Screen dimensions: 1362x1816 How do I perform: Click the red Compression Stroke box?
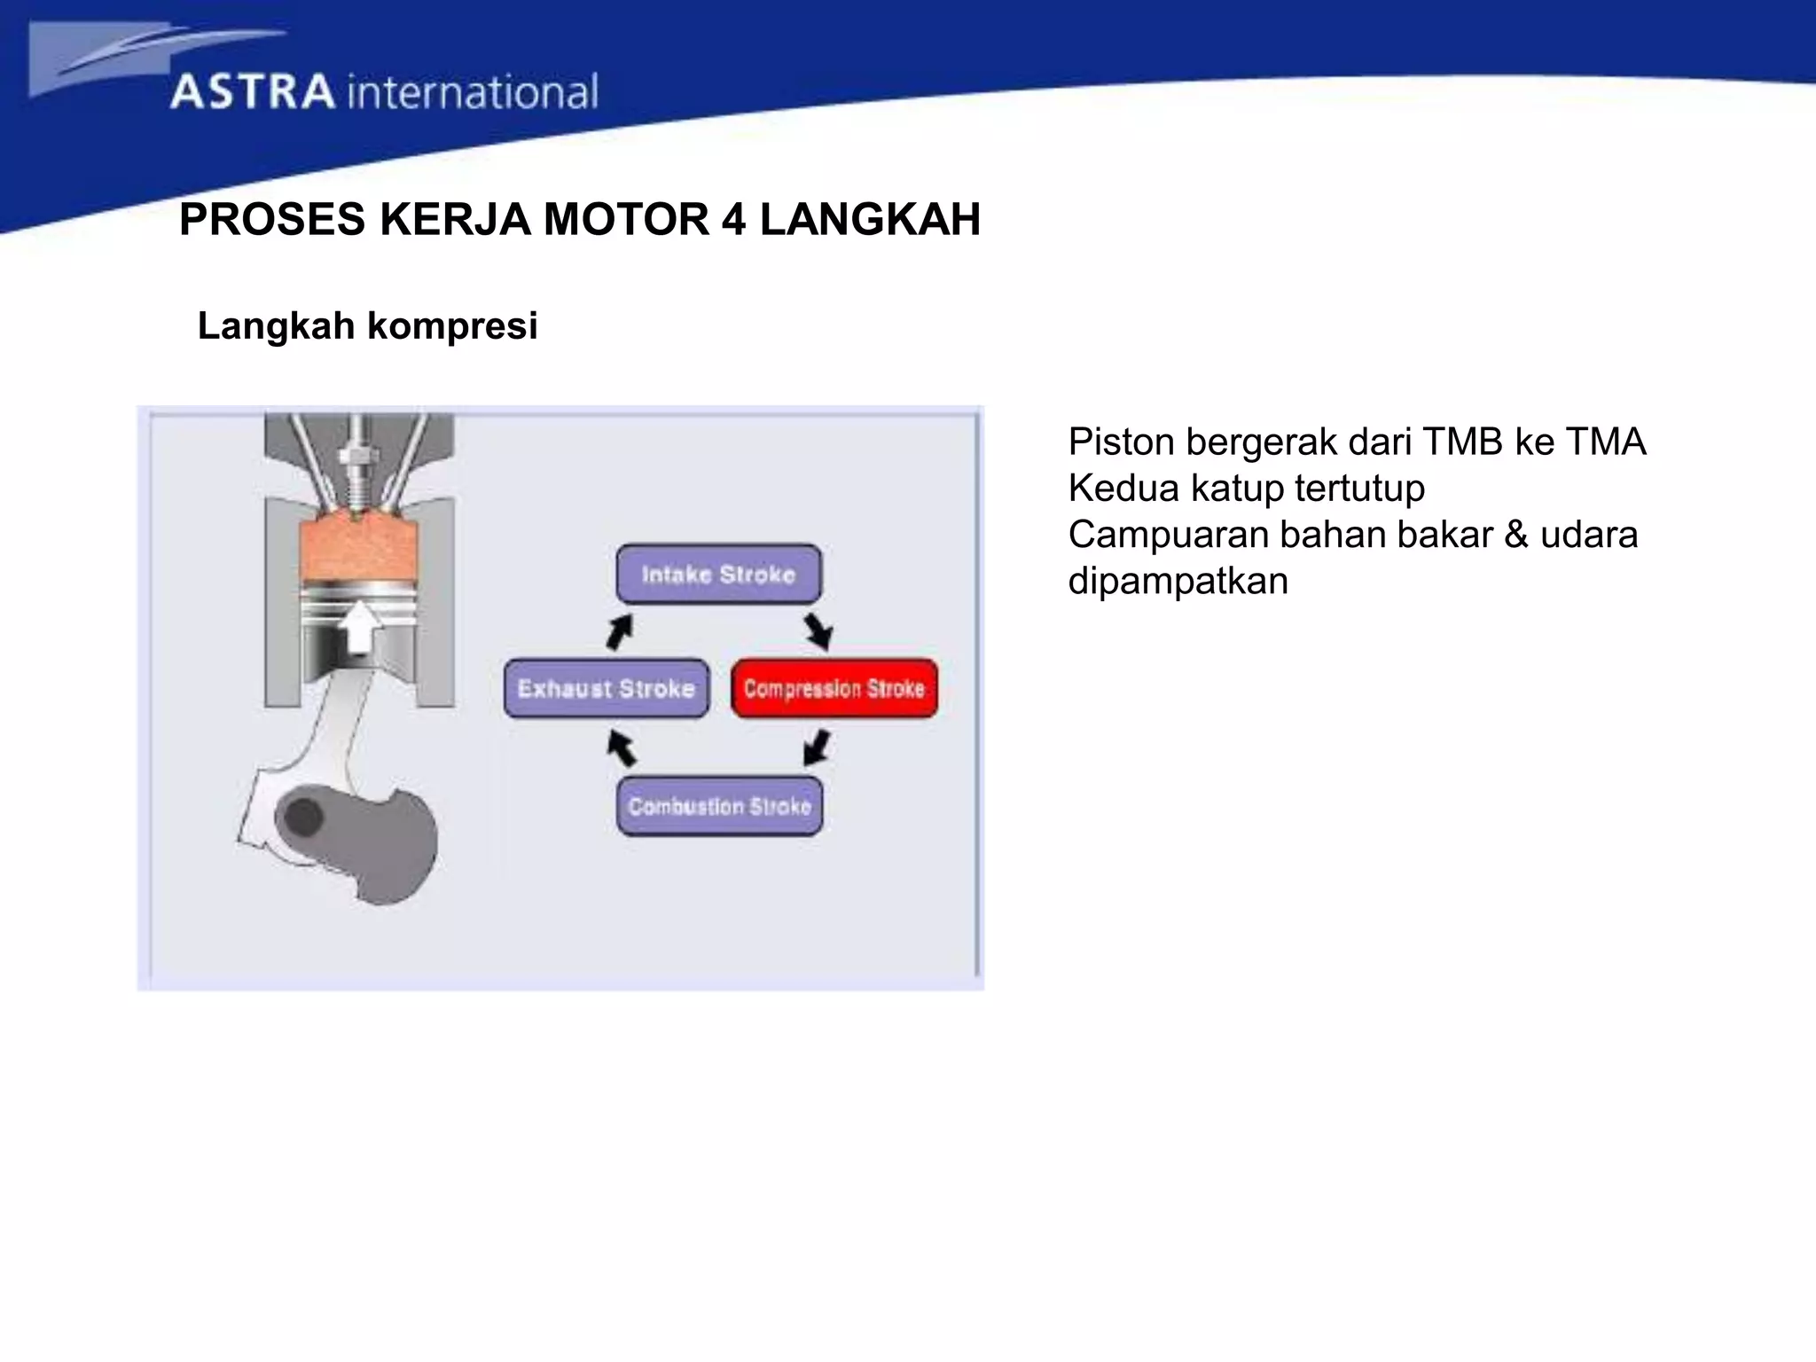click(x=834, y=688)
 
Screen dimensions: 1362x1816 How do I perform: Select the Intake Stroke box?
click(x=718, y=574)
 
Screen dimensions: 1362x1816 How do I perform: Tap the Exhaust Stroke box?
click(x=606, y=688)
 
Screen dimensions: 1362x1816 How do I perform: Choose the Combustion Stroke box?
click(x=719, y=806)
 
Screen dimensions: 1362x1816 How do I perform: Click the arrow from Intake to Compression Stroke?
click(x=818, y=632)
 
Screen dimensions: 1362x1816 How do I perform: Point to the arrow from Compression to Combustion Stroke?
click(x=817, y=747)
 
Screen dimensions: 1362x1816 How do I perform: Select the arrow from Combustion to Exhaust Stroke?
click(x=622, y=748)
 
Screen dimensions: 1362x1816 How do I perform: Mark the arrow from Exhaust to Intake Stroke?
click(x=620, y=632)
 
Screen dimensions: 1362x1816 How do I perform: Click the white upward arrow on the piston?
click(x=359, y=626)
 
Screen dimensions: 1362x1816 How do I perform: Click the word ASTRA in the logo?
click(x=253, y=92)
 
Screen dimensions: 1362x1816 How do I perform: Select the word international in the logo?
click(x=473, y=92)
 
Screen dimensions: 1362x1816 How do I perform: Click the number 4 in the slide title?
click(x=733, y=219)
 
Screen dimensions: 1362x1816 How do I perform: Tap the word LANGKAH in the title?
click(x=870, y=219)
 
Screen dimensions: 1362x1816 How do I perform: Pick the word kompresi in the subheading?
click(x=452, y=326)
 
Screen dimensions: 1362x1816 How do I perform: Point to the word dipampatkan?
click(x=1178, y=582)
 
